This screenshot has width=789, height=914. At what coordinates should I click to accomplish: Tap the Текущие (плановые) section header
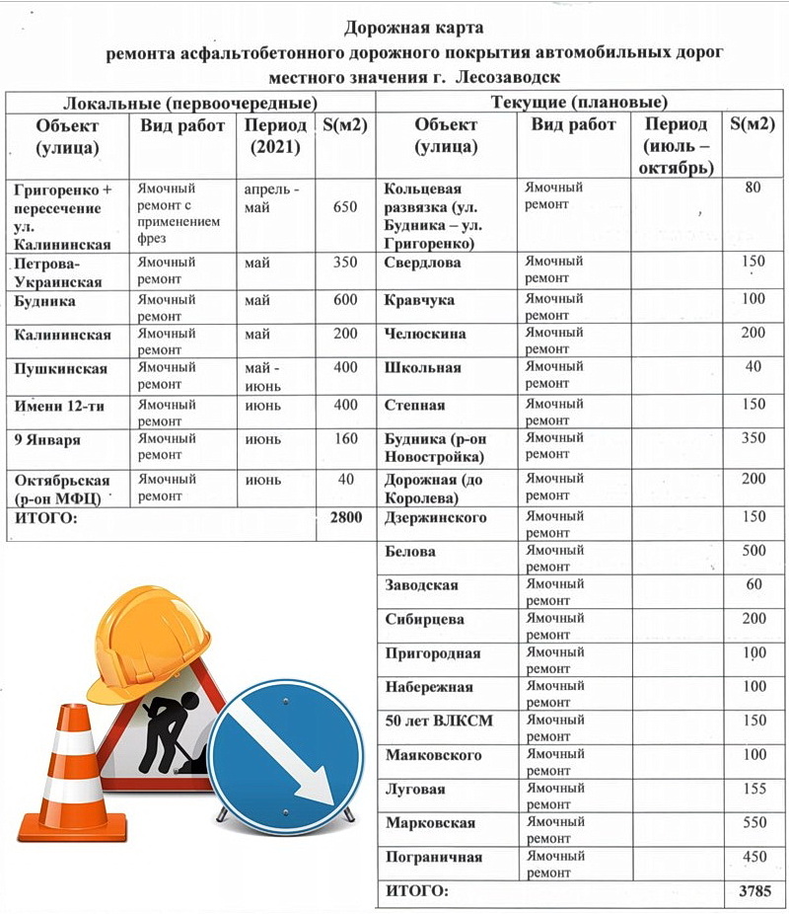579,103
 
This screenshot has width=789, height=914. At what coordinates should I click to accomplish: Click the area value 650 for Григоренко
345,207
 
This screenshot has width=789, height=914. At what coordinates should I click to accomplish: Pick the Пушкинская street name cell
59,368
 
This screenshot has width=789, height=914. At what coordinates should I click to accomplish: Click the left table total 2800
344,517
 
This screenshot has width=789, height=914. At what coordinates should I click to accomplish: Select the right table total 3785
756,891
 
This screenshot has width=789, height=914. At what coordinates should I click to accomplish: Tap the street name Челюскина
425,334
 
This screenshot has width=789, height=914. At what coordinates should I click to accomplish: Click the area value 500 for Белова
753,551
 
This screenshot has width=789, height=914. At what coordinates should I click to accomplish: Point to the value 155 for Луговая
753,789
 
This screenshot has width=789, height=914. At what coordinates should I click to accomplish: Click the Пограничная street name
434,857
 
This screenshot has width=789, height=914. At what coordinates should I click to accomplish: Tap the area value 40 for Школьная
753,367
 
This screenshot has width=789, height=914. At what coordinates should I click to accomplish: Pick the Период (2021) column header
275,136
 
